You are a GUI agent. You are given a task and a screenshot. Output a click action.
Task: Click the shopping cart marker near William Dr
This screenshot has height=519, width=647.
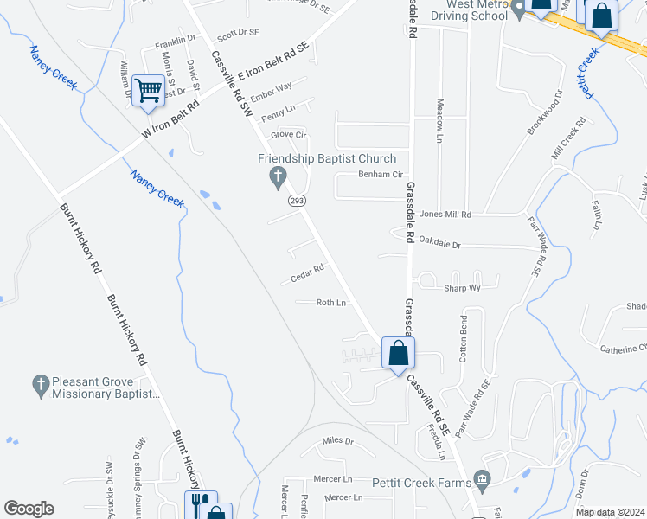pos(149,90)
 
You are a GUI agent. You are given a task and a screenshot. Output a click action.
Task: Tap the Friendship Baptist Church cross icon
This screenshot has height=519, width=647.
pos(278,179)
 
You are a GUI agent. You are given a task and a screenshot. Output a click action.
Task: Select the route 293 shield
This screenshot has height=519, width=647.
pos(297,201)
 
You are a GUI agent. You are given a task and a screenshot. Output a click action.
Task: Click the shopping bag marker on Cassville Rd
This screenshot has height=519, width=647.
pos(398,353)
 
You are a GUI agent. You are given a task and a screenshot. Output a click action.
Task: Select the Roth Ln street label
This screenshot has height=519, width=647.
pos(330,303)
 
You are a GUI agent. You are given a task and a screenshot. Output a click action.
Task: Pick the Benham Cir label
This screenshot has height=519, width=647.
pos(381,175)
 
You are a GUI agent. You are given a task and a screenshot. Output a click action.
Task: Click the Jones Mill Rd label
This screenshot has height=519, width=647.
pos(445,214)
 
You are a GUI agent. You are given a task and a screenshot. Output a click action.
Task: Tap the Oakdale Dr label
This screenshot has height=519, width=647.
pos(439,245)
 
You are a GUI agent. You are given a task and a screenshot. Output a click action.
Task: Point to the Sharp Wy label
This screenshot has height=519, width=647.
pos(462,288)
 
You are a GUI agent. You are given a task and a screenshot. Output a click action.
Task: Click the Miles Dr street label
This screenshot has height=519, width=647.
pos(337,441)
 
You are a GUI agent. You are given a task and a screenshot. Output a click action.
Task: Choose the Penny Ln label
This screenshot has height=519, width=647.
pos(278,113)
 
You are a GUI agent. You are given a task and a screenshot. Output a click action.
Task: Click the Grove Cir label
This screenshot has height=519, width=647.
pos(289,135)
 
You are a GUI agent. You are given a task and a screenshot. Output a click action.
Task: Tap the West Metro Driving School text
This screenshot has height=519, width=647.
pos(468,10)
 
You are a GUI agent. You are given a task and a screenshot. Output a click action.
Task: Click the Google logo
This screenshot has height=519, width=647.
pos(29,509)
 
